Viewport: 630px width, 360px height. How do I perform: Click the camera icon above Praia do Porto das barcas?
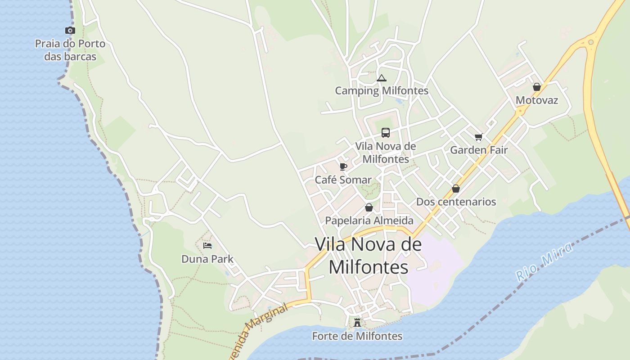pos(70,31)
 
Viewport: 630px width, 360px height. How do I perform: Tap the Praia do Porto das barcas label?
pos(70,50)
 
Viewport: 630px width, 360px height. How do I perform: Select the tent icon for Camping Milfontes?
pos(382,78)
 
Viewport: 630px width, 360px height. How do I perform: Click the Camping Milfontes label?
pos(382,91)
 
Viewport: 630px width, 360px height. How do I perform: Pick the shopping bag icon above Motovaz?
pos(536,87)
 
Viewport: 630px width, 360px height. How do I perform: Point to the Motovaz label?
pos(537,100)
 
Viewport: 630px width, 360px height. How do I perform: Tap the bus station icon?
pos(386,133)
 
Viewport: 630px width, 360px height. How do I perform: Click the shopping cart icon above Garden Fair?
pos(478,137)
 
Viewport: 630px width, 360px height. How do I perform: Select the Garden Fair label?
pos(479,150)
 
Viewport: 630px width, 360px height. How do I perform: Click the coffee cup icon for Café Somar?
pos(343,167)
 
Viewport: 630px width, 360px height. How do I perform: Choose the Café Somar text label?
pos(343,180)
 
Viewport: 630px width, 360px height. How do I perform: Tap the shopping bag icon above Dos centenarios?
pos(456,189)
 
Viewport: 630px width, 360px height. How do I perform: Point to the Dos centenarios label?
pos(456,202)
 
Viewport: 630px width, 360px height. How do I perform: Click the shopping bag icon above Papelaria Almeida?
pos(369,207)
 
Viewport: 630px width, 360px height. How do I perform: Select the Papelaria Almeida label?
pos(369,220)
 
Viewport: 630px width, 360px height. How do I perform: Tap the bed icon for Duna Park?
pos(207,246)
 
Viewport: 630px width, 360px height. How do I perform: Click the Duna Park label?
pos(207,259)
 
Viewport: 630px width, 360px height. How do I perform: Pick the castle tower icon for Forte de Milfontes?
pos(357,323)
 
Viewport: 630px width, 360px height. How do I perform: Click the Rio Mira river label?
pos(545,261)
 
